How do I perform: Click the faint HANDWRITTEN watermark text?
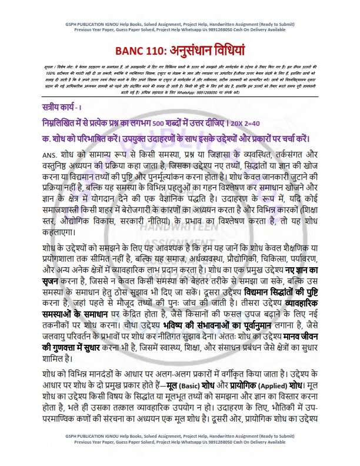[x=176, y=218]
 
